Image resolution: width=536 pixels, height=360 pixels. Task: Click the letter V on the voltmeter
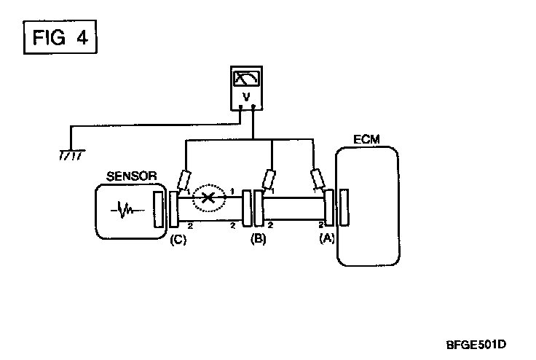click(246, 96)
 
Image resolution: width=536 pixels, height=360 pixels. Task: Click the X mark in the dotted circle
click(208, 197)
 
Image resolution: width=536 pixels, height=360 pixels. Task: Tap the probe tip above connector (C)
click(184, 180)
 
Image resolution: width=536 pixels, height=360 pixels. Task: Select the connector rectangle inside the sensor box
click(159, 210)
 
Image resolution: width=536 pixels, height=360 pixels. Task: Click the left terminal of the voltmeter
click(241, 107)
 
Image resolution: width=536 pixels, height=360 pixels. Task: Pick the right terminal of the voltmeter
click(252, 107)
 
